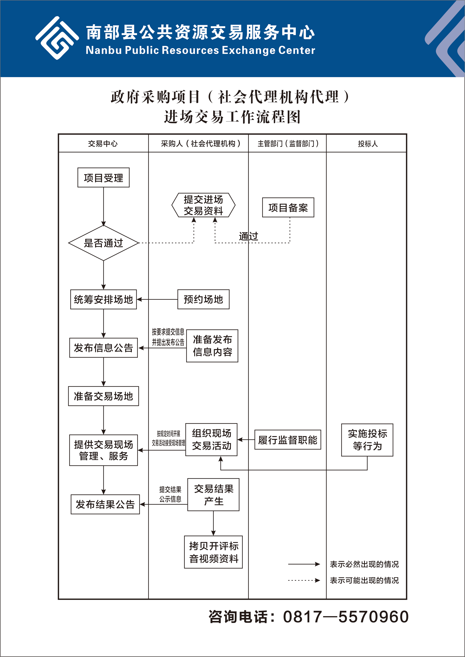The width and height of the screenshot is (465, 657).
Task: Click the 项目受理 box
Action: click(103, 178)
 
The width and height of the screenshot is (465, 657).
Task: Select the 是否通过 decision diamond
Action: click(103, 243)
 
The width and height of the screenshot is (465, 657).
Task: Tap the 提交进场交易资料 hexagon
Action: click(203, 205)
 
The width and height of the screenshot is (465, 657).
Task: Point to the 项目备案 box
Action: click(288, 207)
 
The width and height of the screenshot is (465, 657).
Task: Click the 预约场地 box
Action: click(203, 299)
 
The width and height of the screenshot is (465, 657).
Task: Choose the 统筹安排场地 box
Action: click(103, 299)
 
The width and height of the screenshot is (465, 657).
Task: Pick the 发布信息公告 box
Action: click(103, 348)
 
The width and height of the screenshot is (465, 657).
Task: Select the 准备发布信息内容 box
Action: click(212, 346)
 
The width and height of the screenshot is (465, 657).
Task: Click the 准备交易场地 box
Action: click(103, 396)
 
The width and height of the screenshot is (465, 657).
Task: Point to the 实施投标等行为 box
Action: click(367, 440)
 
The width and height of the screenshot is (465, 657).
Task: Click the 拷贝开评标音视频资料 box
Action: click(213, 552)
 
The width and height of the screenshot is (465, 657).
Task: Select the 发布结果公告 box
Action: click(105, 504)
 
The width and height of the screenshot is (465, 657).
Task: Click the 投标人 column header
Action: click(368, 144)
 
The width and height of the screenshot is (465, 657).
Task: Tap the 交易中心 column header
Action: click(103, 144)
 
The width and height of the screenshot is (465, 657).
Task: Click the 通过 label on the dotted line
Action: click(249, 236)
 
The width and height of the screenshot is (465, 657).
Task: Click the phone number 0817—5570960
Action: click(346, 617)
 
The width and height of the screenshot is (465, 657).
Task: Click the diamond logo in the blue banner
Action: click(57, 38)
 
